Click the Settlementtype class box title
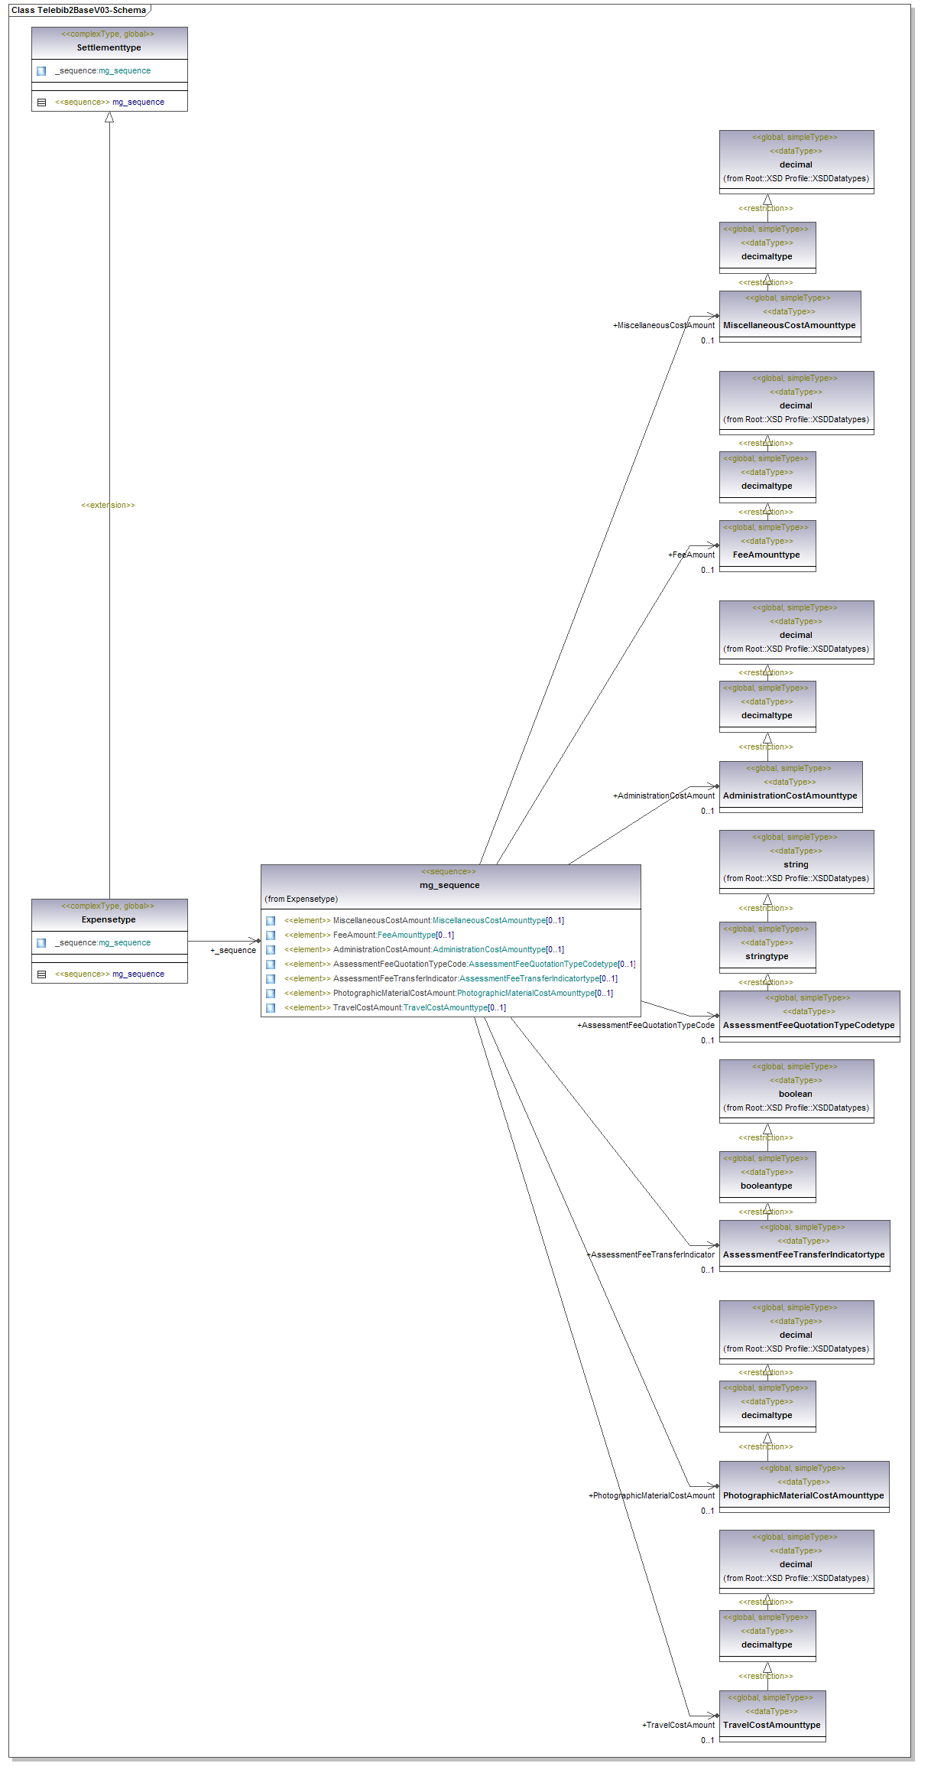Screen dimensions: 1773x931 109,47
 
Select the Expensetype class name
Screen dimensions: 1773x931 109,919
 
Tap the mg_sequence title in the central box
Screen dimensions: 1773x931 449,885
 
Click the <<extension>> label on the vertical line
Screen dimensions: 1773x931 108,505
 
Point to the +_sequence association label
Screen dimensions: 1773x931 233,950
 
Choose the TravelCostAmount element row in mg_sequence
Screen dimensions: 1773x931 394,1007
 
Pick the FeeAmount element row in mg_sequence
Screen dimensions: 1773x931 368,935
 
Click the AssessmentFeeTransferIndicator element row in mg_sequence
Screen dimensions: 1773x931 450,978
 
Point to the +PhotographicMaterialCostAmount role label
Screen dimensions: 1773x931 651,1495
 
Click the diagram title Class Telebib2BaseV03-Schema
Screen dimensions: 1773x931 78,10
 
